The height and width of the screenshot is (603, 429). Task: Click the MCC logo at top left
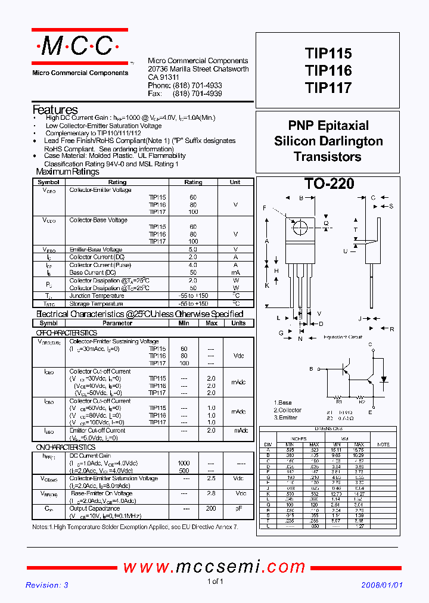(79, 46)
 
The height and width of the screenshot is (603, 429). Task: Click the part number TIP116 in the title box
(328, 71)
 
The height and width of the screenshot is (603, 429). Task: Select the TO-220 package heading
(329, 184)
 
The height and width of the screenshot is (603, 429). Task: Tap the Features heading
(55, 110)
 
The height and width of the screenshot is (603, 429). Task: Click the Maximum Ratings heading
(67, 172)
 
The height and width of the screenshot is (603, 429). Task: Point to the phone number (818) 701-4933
(197, 86)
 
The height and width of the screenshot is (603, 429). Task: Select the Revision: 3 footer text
(47, 585)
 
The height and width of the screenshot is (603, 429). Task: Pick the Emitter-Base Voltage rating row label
(95, 250)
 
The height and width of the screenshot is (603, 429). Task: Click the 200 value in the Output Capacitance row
(211, 508)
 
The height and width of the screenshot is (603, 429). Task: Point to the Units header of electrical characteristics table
(238, 323)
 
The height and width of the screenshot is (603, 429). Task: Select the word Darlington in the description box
(352, 141)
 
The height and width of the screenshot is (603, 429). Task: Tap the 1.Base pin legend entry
(283, 403)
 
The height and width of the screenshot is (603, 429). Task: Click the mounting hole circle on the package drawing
(301, 227)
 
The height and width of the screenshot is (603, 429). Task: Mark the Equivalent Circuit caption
(343, 337)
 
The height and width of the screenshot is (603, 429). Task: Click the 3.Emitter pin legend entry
(287, 418)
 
